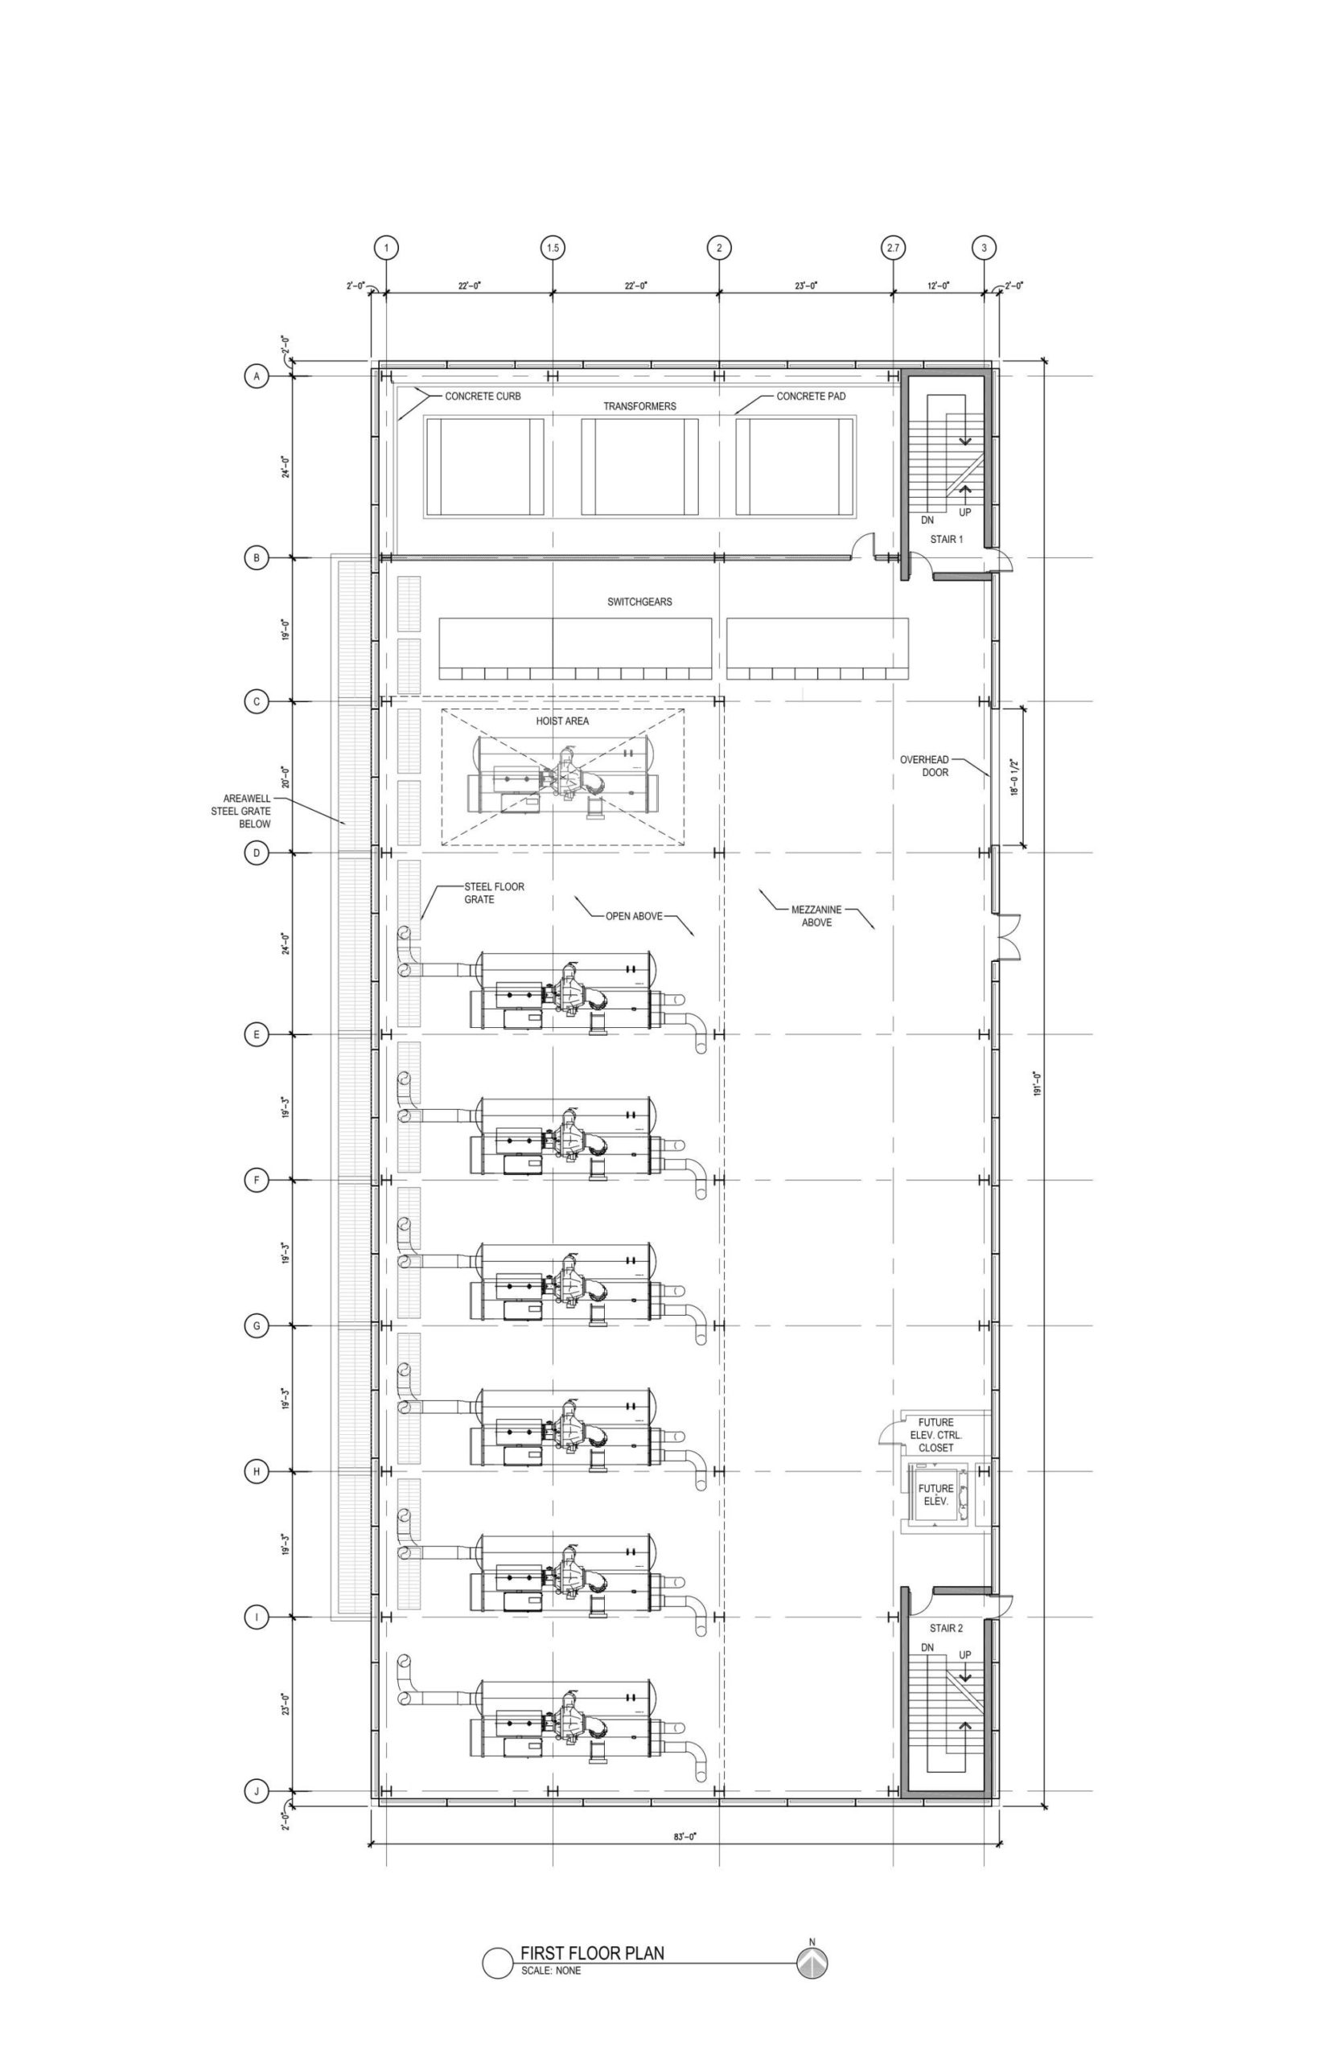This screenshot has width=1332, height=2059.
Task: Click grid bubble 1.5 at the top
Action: coord(553,249)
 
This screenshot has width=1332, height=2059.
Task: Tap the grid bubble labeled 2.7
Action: coord(893,249)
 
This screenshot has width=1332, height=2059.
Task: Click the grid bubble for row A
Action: coord(256,377)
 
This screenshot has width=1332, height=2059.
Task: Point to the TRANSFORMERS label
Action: coord(640,406)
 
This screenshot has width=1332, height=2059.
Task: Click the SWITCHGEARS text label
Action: coord(639,602)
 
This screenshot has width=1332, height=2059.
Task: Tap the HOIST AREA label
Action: coord(562,721)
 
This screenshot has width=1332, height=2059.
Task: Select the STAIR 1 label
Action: coord(946,540)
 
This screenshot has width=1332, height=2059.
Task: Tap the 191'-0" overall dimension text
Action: coord(1037,1083)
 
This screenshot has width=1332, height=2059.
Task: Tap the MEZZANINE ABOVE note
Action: coord(816,917)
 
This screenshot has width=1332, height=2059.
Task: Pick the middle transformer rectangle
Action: coord(639,467)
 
